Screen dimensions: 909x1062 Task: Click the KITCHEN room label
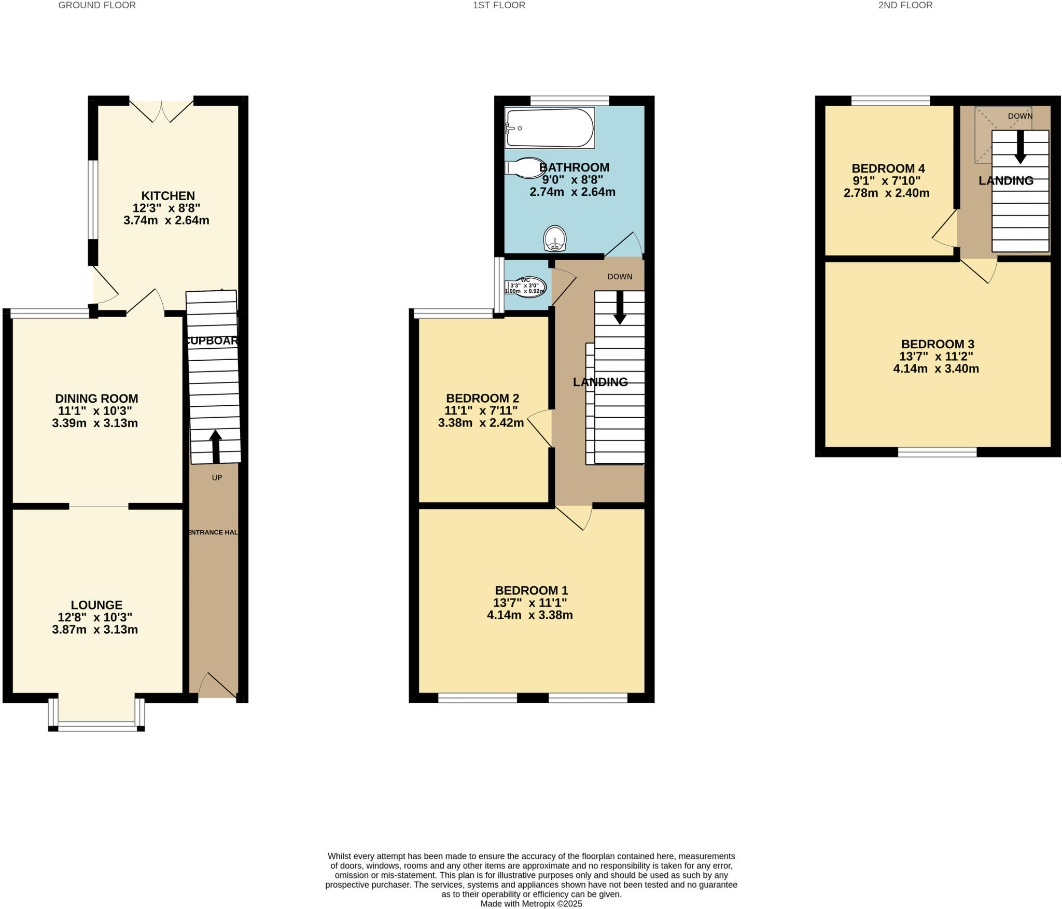[x=168, y=196]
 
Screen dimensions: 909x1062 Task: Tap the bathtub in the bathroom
[x=550, y=127]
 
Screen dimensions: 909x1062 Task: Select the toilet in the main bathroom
[x=525, y=168]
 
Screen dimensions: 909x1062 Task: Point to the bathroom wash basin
[x=554, y=239]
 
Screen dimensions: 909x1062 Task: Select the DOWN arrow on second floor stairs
[x=1020, y=148]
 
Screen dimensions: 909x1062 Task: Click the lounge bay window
[x=96, y=728]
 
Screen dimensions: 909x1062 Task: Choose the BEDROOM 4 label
[x=888, y=168]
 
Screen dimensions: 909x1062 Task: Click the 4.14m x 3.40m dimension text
[x=936, y=369]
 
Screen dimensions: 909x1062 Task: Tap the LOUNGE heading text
[x=96, y=605]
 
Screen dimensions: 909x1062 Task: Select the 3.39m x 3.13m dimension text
[x=95, y=423]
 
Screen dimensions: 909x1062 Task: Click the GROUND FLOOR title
[x=97, y=5]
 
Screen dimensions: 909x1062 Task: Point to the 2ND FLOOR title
[x=905, y=5]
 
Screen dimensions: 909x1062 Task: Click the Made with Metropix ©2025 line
[x=531, y=904]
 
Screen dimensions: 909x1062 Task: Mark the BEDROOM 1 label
[x=531, y=590]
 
